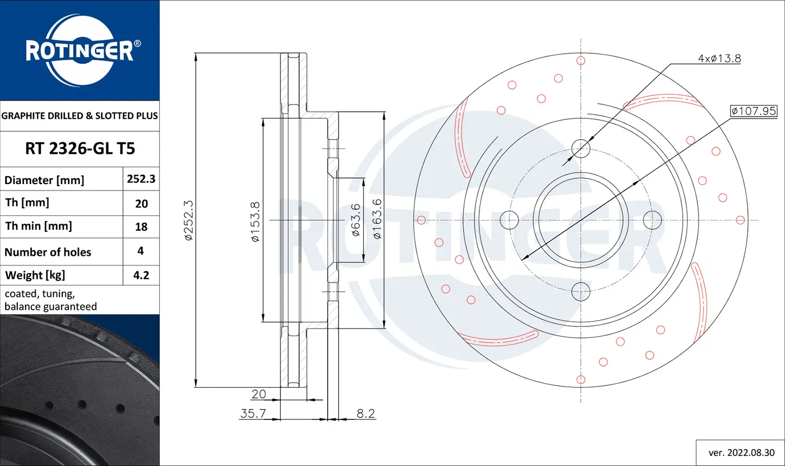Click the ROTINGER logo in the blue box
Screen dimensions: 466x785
tap(80, 51)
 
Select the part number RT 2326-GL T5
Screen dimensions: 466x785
tap(80, 149)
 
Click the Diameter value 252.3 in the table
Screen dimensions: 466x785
tap(141, 179)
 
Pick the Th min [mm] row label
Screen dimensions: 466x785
tap(39, 226)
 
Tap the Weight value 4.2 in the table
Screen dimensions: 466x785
tap(141, 275)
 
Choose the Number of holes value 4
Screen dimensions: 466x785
tap(141, 251)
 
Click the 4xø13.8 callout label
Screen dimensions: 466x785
tap(719, 59)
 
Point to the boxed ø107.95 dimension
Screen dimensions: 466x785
tap(754, 111)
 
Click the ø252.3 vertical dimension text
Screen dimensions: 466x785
tap(189, 220)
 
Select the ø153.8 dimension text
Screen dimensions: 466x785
tap(255, 221)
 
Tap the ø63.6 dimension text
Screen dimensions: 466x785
tap(356, 220)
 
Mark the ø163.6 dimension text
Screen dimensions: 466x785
tap(377, 219)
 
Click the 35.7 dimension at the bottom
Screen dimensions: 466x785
tap(253, 413)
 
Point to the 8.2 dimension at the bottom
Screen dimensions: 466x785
tap(366, 413)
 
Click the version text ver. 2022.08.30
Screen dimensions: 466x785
tap(741, 452)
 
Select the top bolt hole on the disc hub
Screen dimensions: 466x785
tap(581, 149)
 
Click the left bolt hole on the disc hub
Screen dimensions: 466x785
tap(509, 220)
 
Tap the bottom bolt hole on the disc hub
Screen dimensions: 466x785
tap(581, 292)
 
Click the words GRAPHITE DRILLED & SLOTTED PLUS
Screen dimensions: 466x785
tap(80, 116)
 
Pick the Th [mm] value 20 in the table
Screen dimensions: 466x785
tap(141, 203)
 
